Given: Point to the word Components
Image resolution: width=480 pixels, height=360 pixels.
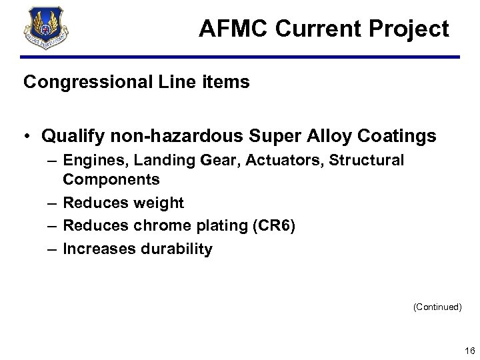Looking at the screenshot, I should [111, 179].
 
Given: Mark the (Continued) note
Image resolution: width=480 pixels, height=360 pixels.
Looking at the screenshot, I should [437, 307].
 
